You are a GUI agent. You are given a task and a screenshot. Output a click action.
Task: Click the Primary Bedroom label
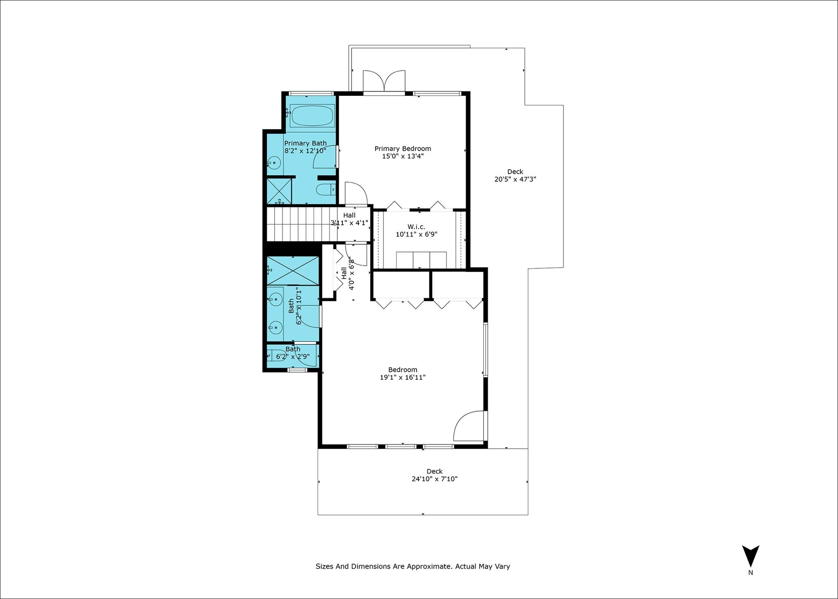pos(403,149)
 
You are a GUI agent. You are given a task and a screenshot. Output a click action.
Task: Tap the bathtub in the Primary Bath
pos(313,116)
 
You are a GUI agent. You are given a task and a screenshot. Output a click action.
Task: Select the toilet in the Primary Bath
pos(326,190)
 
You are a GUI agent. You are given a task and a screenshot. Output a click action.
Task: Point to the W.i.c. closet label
pos(416,227)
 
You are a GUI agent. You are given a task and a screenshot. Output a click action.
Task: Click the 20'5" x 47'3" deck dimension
pos(515,179)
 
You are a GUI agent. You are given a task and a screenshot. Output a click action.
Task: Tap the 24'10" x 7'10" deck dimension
pos(435,479)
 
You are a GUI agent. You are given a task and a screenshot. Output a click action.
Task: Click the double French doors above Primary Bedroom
pos(384,82)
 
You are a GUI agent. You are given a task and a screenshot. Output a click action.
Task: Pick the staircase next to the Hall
pos(302,224)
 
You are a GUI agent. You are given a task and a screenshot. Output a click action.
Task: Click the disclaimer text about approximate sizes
pos(412,566)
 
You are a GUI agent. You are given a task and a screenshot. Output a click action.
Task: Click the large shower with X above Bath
pos(293,270)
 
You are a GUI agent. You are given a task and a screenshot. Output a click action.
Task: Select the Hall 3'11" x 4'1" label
pos(349,219)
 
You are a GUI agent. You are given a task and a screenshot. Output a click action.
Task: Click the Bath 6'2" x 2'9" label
pos(293,353)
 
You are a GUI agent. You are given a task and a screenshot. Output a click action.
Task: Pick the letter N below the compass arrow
pos(750,573)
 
